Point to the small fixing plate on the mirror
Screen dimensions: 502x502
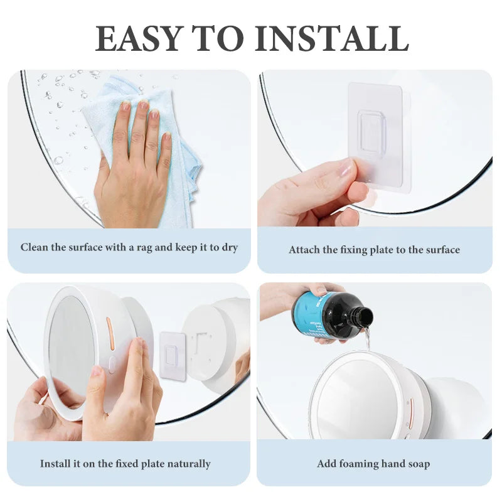[x=170, y=355]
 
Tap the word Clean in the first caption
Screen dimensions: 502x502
[x=34, y=247]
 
